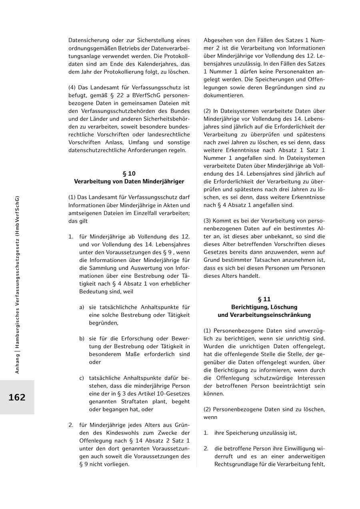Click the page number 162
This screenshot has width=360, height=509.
17,397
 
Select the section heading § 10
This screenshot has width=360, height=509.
129,174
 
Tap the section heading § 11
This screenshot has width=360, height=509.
264,299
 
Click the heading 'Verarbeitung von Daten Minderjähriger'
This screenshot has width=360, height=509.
129,182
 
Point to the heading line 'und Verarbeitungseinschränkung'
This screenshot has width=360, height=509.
264,315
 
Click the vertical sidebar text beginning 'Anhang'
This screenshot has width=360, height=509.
17,285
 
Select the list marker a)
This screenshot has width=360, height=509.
82,307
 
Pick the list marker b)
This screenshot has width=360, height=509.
82,339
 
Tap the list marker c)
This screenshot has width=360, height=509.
82,378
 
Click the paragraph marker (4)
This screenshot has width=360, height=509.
72,87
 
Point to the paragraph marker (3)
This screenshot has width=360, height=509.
207,221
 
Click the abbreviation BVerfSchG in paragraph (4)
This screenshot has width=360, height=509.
136,95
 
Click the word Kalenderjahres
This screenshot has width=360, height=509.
150,64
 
